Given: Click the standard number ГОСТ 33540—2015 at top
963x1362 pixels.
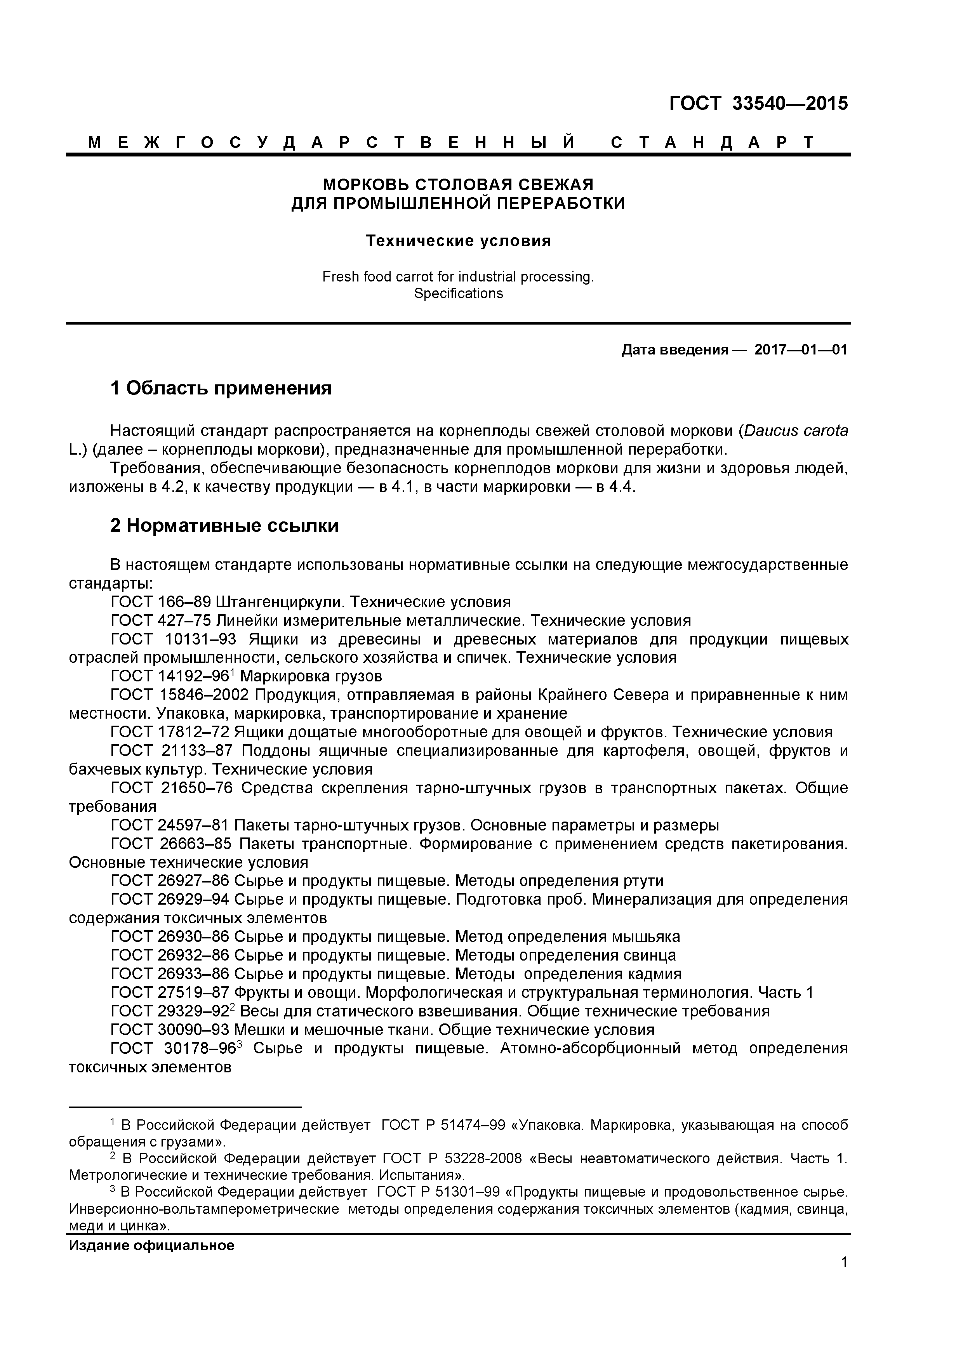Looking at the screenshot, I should point(758,104).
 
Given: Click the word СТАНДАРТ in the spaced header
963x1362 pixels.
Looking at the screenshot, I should point(712,142).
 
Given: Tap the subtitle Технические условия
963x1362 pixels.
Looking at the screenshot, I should point(458,241).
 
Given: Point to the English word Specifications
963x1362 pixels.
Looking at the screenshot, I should point(458,294).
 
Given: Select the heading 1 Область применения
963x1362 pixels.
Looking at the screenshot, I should point(221,389).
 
